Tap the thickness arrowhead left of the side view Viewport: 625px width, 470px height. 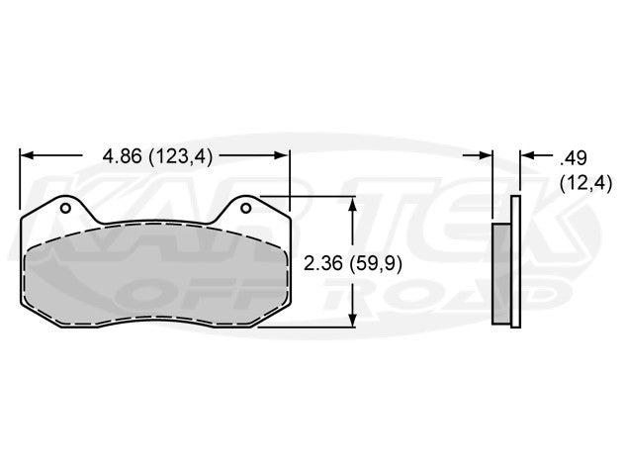[486, 155]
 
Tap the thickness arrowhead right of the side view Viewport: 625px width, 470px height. [526, 155]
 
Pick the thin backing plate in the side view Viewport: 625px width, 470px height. [514, 262]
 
